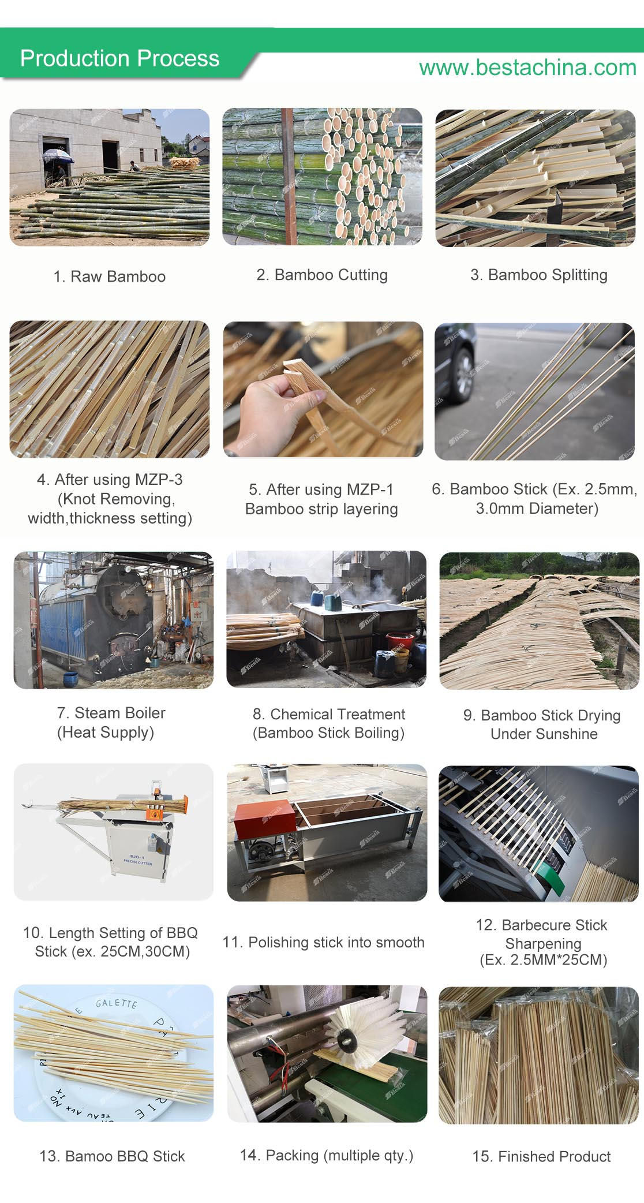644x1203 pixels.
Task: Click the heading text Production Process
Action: tap(119, 58)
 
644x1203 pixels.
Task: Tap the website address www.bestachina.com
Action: tap(527, 68)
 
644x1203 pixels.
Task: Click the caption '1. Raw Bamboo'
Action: tap(110, 277)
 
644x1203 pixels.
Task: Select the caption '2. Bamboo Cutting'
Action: tap(322, 275)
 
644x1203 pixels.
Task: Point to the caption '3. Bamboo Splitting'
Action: tap(539, 275)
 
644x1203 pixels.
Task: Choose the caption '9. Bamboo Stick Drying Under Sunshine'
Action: tap(542, 724)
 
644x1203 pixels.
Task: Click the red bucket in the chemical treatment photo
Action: tap(399, 640)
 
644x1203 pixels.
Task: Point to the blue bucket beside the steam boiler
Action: tap(70, 677)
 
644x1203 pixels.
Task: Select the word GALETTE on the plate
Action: tap(117, 1003)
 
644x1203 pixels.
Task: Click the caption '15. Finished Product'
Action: tap(541, 1156)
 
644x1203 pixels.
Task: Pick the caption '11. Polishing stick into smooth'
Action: tap(323, 942)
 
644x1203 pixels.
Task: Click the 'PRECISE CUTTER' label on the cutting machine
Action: tap(138, 862)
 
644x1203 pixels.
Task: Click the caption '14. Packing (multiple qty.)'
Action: tap(327, 1155)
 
